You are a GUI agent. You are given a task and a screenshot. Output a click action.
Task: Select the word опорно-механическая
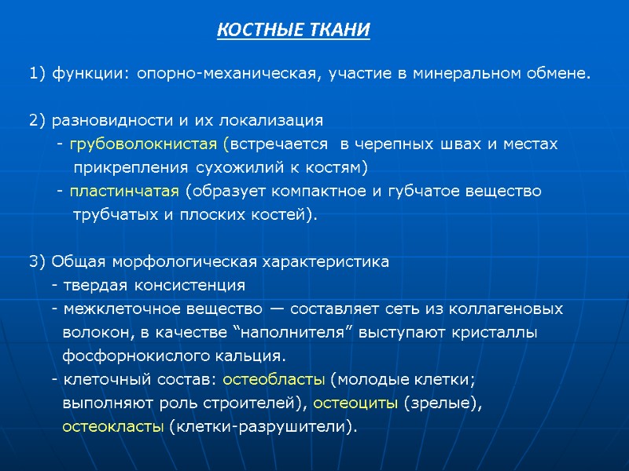point(228,75)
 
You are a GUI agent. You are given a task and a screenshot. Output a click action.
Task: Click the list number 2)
point(37,121)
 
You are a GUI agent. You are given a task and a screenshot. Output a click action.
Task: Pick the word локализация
point(274,121)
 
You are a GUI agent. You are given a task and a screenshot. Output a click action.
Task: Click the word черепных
point(414,144)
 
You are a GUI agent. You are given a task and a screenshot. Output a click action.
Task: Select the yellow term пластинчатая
point(124,192)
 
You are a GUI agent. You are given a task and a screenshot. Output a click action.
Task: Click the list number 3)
point(37,261)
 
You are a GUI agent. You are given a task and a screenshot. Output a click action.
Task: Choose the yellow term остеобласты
point(274,380)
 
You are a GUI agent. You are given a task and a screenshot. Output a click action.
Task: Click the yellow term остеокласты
point(113,427)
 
